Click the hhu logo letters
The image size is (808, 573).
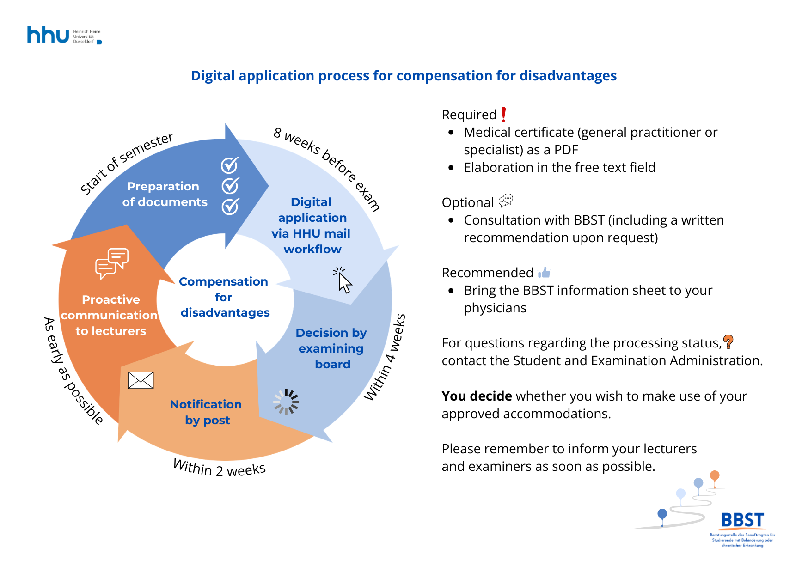tap(48, 35)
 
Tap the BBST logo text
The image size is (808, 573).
tap(742, 520)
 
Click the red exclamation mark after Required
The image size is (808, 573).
tap(503, 114)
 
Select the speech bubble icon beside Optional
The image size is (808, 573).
tap(506, 201)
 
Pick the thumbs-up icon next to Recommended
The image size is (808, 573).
tap(545, 273)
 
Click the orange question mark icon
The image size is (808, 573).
tap(728, 342)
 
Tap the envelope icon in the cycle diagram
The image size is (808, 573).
tap(141, 380)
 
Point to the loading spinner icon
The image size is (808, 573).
tap(287, 402)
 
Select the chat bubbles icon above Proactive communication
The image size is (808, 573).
tap(111, 263)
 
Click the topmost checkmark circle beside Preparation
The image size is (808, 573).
tap(230, 165)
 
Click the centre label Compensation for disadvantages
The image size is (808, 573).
tap(224, 297)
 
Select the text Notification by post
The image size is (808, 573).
tap(206, 412)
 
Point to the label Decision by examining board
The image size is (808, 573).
tap(331, 348)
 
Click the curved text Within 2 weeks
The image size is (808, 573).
tap(219, 468)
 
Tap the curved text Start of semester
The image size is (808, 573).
tap(126, 162)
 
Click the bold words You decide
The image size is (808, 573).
tap(477, 396)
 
